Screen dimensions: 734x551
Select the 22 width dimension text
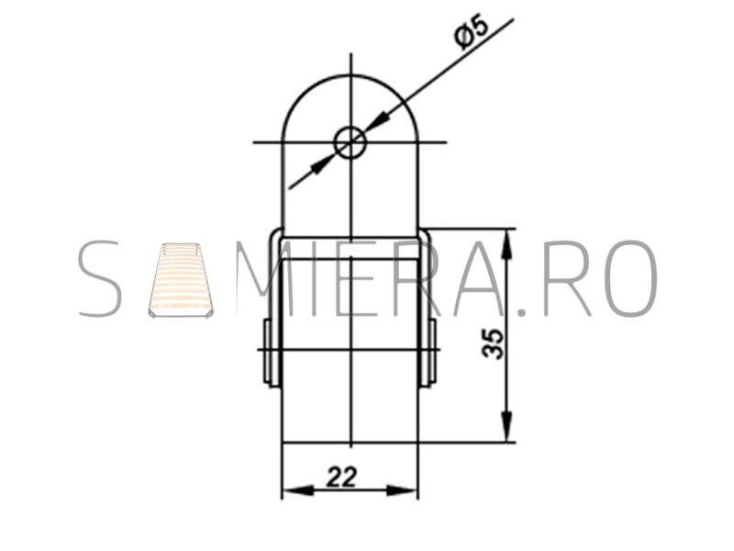341,478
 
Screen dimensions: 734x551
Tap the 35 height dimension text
493,343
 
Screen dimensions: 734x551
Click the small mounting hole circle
350,142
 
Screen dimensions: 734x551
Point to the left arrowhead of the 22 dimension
299,491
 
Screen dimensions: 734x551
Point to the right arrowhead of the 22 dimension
402,491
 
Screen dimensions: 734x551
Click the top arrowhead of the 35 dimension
506,244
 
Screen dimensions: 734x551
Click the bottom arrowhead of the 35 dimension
506,426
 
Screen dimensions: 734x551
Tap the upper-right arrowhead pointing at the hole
378,121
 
